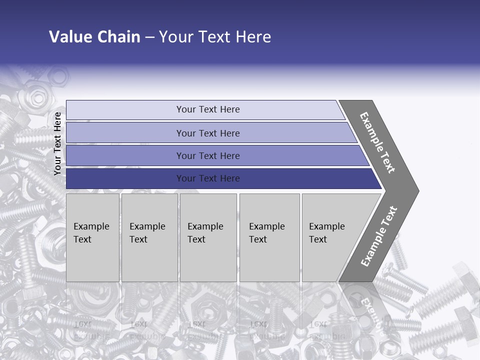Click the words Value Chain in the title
pyautogui.click(x=94, y=37)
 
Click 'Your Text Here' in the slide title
pyautogui.click(x=215, y=37)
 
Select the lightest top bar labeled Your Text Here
pyautogui.click(x=207, y=109)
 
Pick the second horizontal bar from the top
pyautogui.click(x=207, y=133)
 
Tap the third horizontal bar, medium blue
pyautogui.click(x=207, y=155)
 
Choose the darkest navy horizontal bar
pyautogui.click(x=207, y=178)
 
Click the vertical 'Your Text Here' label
pyautogui.click(x=57, y=143)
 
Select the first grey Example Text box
pyautogui.click(x=92, y=237)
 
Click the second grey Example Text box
pyautogui.click(x=149, y=237)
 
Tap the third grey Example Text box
pyautogui.click(x=207, y=237)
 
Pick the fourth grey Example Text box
pyautogui.click(x=269, y=237)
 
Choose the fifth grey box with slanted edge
pyautogui.click(x=330, y=237)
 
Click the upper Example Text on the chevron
pyautogui.click(x=377, y=142)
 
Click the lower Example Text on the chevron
pyautogui.click(x=378, y=236)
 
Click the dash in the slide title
pyautogui.click(x=149, y=37)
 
